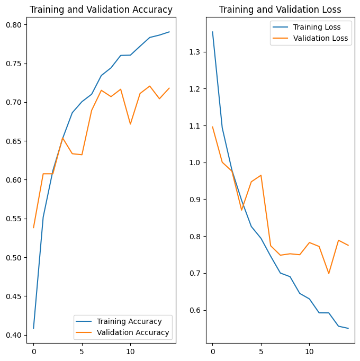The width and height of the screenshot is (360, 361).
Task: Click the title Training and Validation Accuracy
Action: pyautogui.click(x=101, y=10)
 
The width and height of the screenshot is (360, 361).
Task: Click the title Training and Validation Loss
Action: pyautogui.click(x=280, y=10)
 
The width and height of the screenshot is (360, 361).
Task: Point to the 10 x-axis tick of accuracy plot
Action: pyautogui.click(x=130, y=351)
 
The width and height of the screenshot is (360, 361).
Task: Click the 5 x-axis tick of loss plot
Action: pyautogui.click(x=261, y=351)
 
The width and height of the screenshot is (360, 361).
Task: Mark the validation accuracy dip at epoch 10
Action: pyautogui.click(x=130, y=124)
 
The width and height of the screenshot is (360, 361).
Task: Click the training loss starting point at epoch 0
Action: pyautogui.click(x=212, y=32)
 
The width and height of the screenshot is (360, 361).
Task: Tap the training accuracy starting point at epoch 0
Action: pyautogui.click(x=33, y=329)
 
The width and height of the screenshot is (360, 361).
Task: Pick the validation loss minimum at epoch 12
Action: pyautogui.click(x=329, y=273)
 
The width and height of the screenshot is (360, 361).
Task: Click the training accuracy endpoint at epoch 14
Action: pyautogui.click(x=169, y=32)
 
